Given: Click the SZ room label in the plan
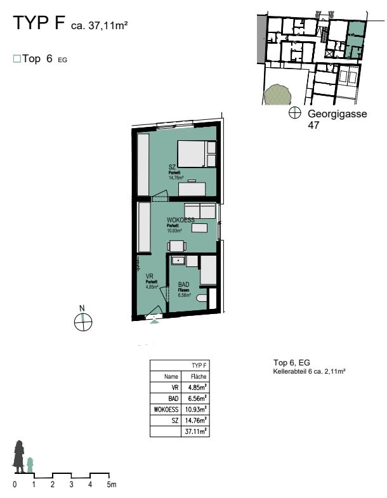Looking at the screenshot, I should click(172, 166).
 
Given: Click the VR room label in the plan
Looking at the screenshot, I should click(150, 276).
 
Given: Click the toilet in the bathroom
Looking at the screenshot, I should click(202, 298).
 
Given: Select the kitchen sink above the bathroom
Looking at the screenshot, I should click(178, 260).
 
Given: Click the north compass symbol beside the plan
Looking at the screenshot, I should click(82, 322).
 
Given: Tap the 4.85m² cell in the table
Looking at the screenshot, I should click(199, 388).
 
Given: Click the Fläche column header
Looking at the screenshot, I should click(199, 376).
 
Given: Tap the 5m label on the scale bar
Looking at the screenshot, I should click(112, 485).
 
